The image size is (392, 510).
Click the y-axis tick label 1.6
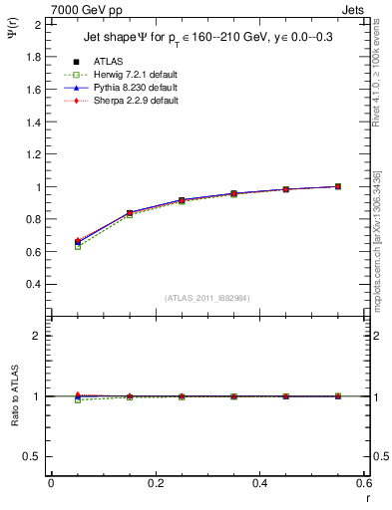36,90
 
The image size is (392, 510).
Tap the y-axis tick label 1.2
36,154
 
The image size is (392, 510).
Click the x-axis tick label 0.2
155,482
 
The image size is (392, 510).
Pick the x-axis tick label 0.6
364,482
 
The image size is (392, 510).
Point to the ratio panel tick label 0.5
34,456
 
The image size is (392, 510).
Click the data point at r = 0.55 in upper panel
338,186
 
